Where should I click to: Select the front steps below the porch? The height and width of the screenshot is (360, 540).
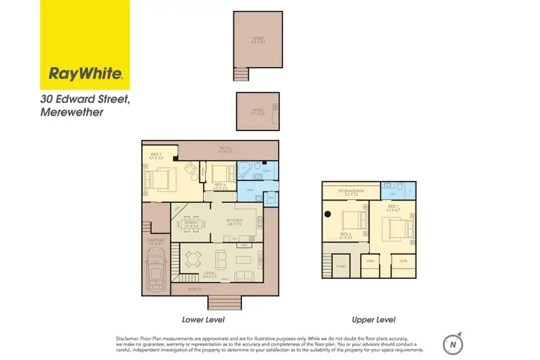click(220, 302)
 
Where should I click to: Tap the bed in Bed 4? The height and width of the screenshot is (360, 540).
click(222, 172)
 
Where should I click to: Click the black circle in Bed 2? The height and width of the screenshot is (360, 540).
click(327, 213)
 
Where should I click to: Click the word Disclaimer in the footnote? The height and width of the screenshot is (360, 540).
click(131, 337)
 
